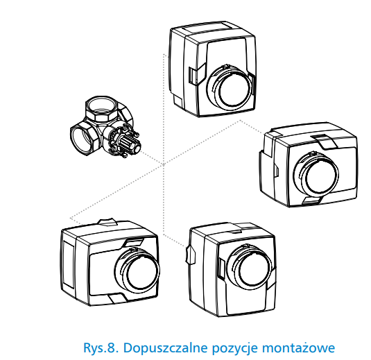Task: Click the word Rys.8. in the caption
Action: (101, 348)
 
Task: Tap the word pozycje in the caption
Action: (234, 349)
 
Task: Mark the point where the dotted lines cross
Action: (164, 164)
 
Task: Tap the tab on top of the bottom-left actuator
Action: (107, 222)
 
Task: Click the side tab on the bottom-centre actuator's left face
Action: (191, 255)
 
